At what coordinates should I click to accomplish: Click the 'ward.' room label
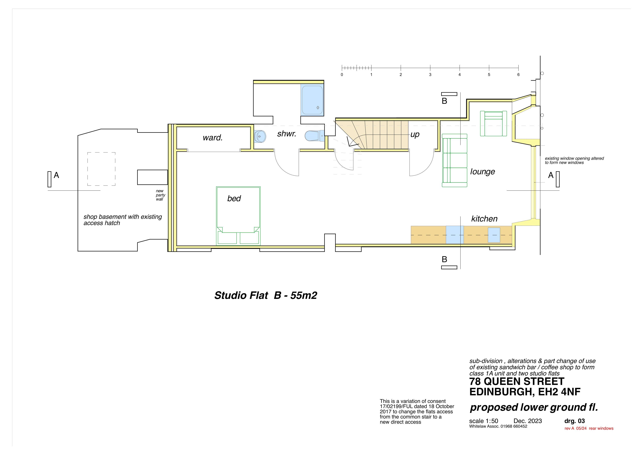(213, 138)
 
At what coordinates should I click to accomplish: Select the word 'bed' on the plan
(234, 198)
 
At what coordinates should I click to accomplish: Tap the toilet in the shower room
(314, 136)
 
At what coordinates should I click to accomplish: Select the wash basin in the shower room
(260, 136)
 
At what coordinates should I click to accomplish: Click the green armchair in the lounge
(493, 124)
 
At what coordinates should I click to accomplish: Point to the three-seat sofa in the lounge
(454, 160)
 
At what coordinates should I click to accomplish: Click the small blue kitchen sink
(494, 235)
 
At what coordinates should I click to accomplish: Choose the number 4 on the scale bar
(459, 75)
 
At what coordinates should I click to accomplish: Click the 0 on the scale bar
(342, 75)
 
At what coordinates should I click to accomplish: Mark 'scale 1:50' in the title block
(484, 421)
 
